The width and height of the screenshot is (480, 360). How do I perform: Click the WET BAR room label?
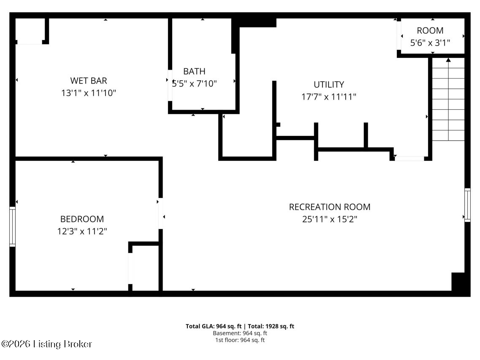pos(88,81)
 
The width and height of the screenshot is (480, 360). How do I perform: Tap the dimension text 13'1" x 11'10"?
pos(88,93)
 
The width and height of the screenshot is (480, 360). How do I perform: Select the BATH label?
pos(194,71)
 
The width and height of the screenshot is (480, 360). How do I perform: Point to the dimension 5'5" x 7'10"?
pos(194,84)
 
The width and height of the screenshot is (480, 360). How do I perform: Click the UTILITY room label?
pos(328,84)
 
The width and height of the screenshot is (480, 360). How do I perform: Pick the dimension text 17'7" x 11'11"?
pos(328,97)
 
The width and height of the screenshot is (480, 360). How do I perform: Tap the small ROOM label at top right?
pos(430,30)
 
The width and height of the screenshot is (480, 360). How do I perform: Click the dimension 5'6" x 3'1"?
pos(430,43)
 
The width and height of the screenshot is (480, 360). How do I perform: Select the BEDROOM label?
pos(82,219)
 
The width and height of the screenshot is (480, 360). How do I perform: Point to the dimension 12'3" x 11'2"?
pos(82,231)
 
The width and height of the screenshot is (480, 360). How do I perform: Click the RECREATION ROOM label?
pos(329,207)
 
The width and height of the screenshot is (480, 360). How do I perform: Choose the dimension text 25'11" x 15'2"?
pos(329,219)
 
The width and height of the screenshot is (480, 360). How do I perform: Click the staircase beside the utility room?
pos(448,101)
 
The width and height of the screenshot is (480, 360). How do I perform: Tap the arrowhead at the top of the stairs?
pos(448,60)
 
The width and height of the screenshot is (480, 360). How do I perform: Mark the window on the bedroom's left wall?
pos(12,227)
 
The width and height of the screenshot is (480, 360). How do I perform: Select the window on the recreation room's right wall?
pos(467,205)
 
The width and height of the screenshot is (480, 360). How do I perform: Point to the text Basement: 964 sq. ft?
pos(240,333)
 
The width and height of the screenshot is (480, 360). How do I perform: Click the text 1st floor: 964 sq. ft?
pos(240,340)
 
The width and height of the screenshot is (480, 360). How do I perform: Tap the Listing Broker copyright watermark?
pos(47,344)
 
